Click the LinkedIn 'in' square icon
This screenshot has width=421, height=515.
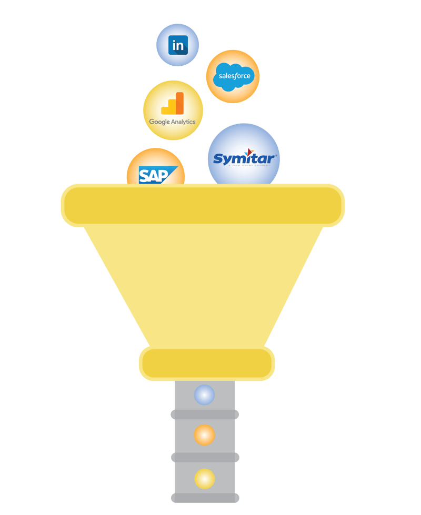[178, 45]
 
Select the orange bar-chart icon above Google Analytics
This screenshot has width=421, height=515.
[173, 104]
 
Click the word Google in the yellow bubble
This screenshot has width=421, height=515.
[159, 122]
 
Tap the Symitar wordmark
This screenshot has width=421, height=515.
[243, 158]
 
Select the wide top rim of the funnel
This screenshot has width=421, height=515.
[203, 205]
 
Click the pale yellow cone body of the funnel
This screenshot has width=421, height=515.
[203, 284]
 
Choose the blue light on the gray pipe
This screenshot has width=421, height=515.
[204, 395]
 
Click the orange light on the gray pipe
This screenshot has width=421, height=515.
[204, 435]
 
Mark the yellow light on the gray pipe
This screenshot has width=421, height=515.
[204, 479]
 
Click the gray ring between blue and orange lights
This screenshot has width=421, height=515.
[205, 415]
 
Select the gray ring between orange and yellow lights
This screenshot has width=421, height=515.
[205, 457]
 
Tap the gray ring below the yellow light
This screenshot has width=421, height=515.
[205, 498]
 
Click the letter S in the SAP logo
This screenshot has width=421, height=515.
[145, 176]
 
